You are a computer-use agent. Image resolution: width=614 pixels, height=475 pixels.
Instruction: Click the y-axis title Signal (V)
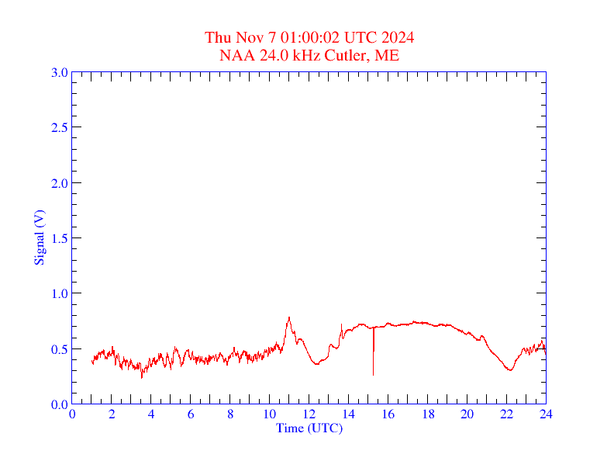(x=39, y=237)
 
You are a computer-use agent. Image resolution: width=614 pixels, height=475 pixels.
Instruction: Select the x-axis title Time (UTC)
(x=309, y=428)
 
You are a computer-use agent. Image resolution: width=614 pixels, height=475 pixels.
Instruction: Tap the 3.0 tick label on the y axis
(x=59, y=73)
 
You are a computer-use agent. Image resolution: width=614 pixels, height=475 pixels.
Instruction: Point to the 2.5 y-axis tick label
(x=59, y=128)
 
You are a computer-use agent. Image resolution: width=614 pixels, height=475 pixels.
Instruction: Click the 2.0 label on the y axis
(x=59, y=183)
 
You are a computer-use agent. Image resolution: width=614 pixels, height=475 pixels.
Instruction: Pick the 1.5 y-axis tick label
(x=59, y=238)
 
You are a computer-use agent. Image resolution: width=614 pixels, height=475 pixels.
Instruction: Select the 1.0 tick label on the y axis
(x=59, y=294)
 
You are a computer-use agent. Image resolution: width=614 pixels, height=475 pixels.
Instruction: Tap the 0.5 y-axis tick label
(x=59, y=349)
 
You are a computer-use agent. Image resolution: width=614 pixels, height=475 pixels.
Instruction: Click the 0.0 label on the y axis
(x=59, y=404)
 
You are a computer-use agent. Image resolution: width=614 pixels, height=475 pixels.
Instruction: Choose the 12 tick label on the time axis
(x=309, y=414)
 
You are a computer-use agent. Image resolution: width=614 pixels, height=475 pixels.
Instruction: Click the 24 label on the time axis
(x=546, y=414)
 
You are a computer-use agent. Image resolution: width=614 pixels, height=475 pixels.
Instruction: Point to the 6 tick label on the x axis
(x=191, y=414)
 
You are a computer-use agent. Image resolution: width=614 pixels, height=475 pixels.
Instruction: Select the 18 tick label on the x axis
(x=428, y=414)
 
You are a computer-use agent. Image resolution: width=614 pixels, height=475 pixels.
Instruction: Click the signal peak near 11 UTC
(x=289, y=317)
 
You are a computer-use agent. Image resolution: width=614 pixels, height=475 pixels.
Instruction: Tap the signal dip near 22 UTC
(x=509, y=369)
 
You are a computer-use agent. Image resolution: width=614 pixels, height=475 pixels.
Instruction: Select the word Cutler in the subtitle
(x=347, y=55)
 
